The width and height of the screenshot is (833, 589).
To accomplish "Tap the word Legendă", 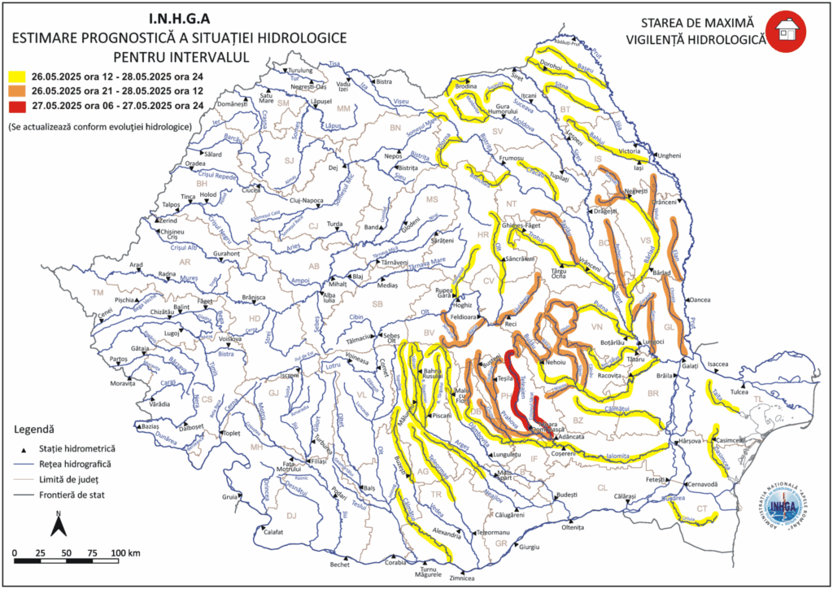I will [34, 429].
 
